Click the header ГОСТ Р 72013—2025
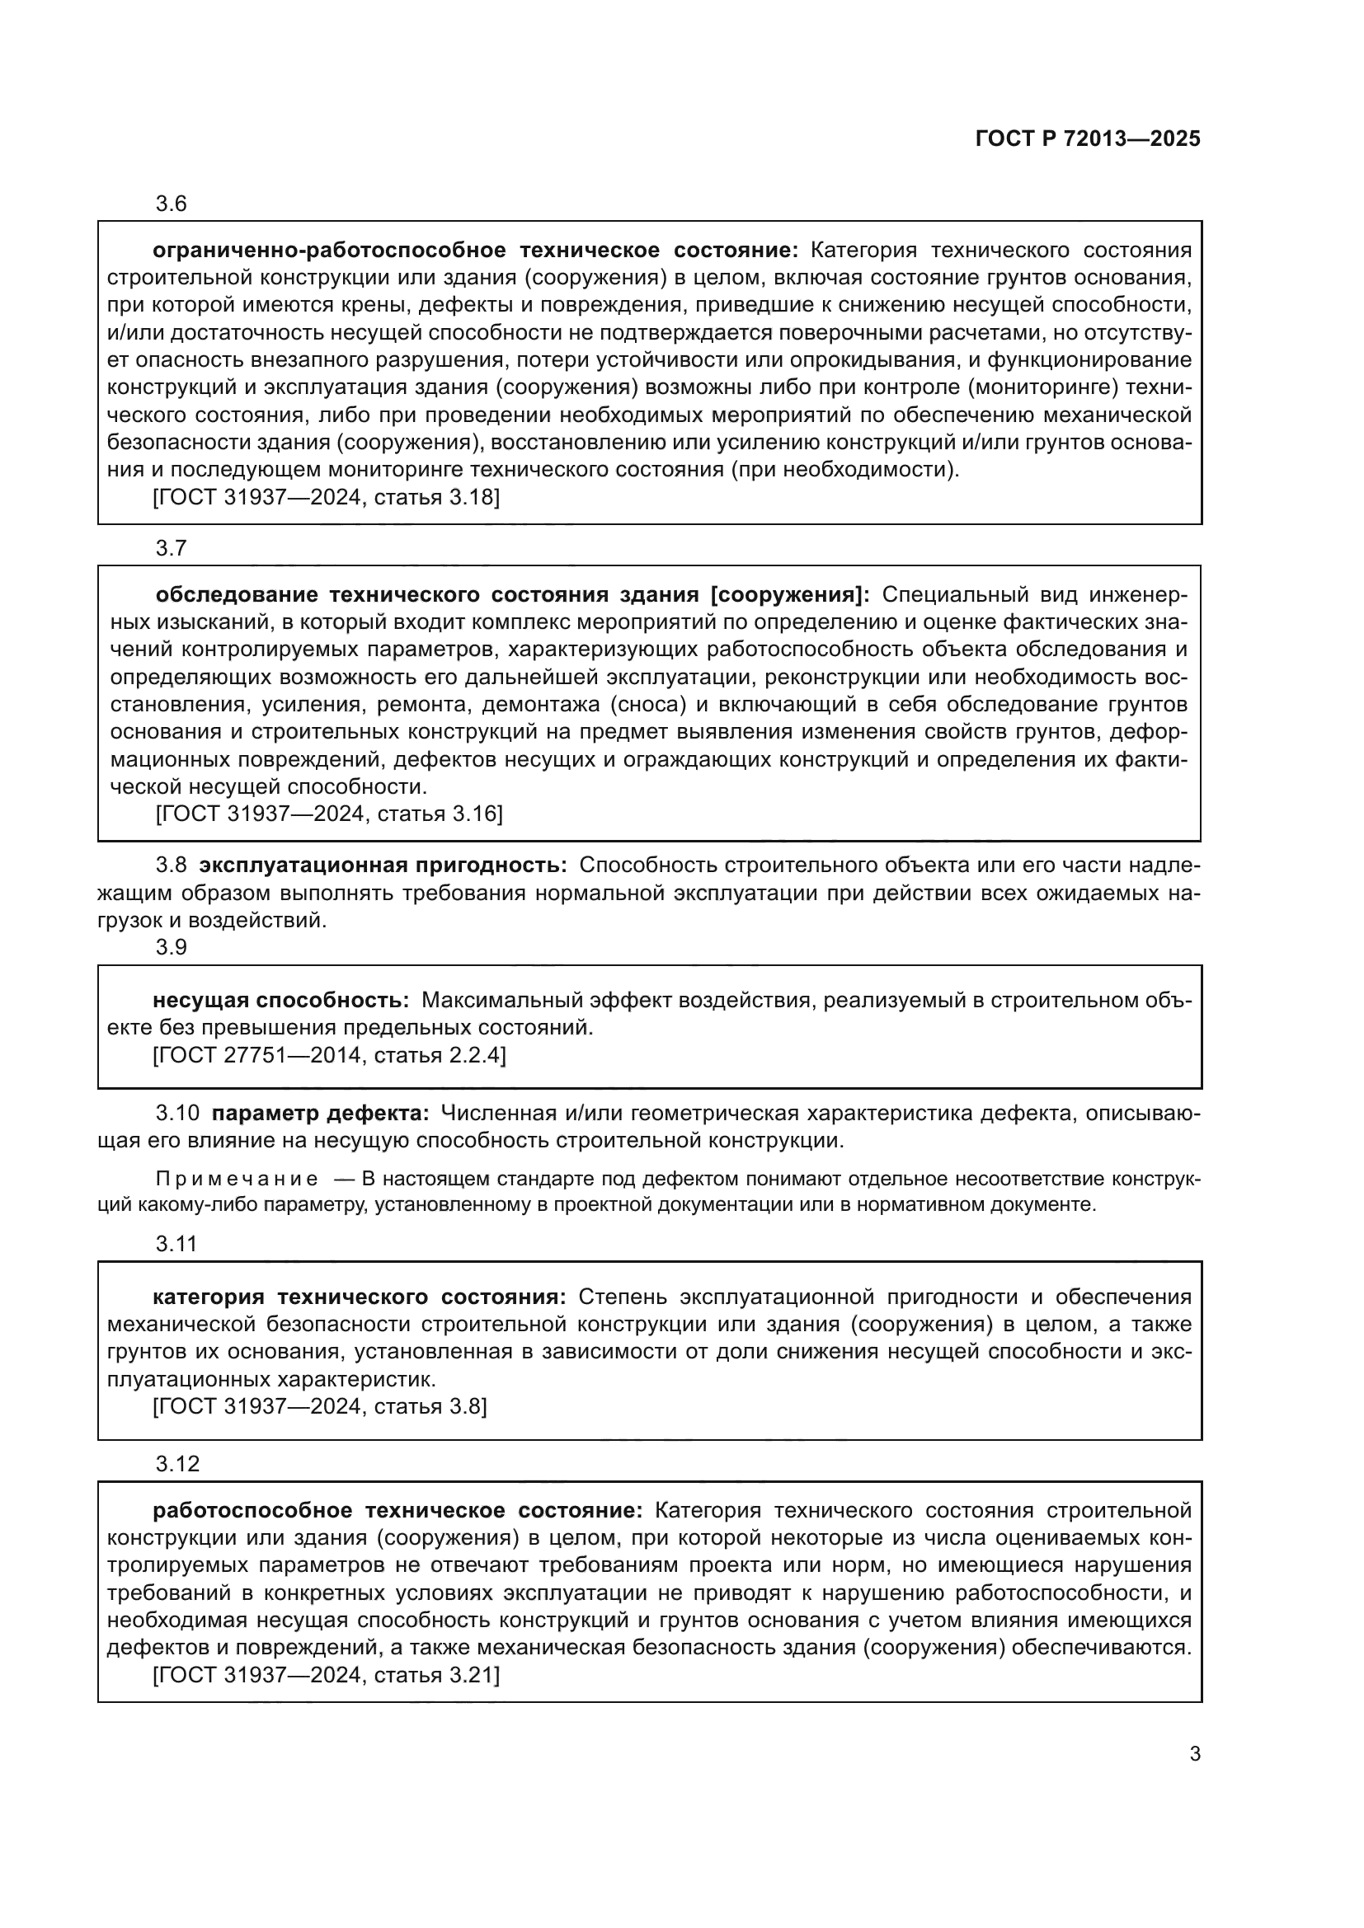point(1088,139)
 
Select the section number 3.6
point(172,204)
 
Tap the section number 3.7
point(172,548)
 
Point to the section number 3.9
point(172,947)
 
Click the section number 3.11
point(176,1245)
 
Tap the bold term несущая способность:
point(280,1000)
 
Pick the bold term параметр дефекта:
point(320,1114)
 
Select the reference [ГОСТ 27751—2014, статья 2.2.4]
point(329,1055)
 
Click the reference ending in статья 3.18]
point(326,498)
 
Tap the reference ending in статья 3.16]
point(329,814)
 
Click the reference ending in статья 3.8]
point(320,1406)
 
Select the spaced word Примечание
point(238,1179)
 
